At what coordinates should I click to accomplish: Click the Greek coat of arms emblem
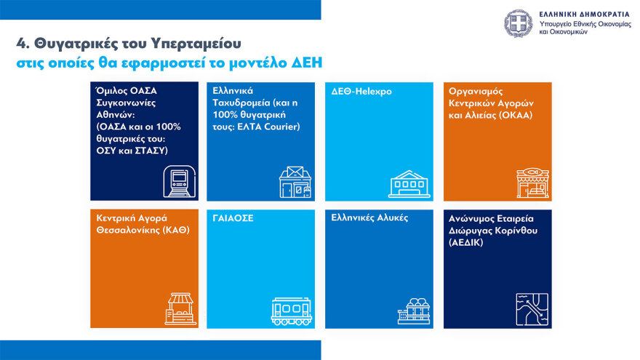tap(519, 24)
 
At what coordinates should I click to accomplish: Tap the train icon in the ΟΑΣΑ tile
tap(179, 182)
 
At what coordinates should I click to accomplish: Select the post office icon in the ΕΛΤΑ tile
tap(295, 182)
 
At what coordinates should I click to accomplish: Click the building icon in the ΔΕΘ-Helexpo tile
tap(409, 184)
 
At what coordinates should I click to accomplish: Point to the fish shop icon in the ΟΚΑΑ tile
tap(532, 183)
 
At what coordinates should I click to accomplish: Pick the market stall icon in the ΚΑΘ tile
tap(180, 308)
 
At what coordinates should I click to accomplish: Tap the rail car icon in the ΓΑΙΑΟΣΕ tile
tap(292, 311)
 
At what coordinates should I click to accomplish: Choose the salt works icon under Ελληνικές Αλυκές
tap(414, 311)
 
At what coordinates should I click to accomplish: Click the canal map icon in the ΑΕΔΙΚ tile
tap(532, 309)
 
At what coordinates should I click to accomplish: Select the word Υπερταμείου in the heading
tap(196, 43)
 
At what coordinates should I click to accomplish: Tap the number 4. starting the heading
tap(23, 43)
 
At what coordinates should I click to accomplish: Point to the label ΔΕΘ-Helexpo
tap(361, 91)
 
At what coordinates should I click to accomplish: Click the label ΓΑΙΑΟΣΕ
tap(233, 218)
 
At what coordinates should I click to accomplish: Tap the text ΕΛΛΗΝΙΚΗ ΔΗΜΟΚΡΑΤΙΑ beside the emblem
tap(585, 15)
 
